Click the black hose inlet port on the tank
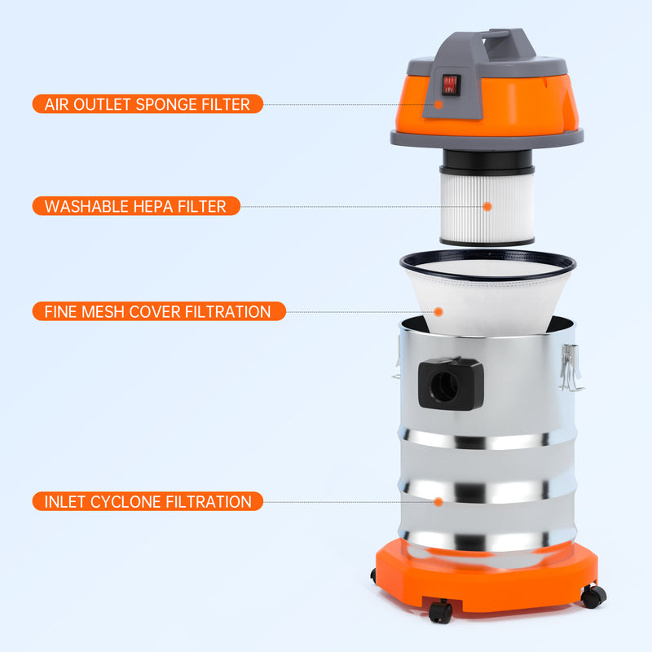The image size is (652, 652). pyautogui.click(x=448, y=384)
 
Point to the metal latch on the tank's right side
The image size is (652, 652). pyautogui.click(x=571, y=366)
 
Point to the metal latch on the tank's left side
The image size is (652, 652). pyautogui.click(x=396, y=359)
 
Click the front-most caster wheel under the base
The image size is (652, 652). pyautogui.click(x=441, y=612)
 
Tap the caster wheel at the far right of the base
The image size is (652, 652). pyautogui.click(x=593, y=596)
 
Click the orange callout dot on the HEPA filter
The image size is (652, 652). pyautogui.click(x=487, y=206)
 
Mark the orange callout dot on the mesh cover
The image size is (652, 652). pyautogui.click(x=438, y=311)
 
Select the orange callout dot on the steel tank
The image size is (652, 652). pyautogui.click(x=439, y=501)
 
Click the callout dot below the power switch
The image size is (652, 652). pyautogui.click(x=439, y=104)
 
